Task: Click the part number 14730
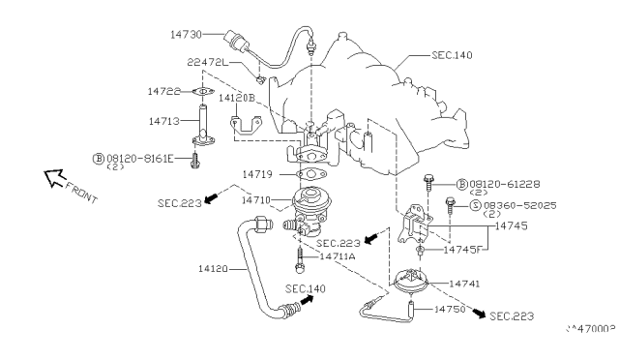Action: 185,34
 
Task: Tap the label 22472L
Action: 207,62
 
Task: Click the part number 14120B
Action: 237,98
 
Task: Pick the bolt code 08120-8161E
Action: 139,157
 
